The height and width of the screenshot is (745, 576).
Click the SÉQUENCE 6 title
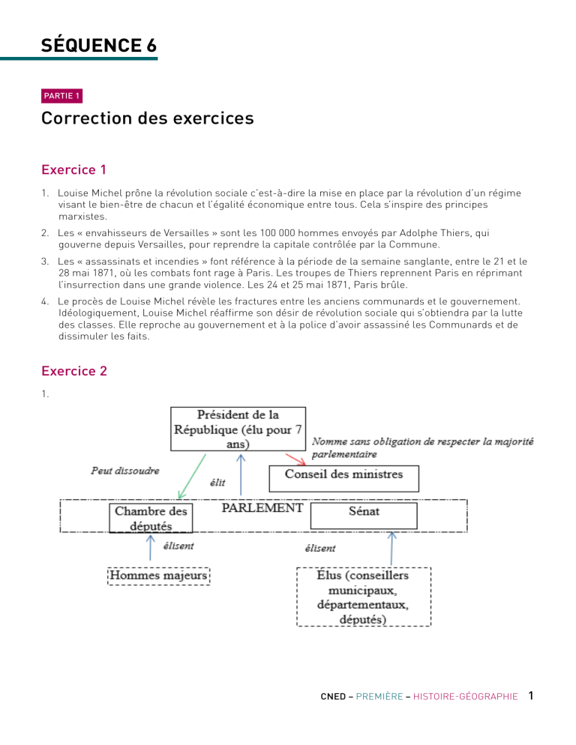[x=99, y=45]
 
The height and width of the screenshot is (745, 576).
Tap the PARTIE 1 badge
[x=62, y=95]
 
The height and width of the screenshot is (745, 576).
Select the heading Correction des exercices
[x=148, y=118]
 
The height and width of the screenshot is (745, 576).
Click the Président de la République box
[x=238, y=429]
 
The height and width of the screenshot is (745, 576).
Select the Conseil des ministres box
[x=343, y=474]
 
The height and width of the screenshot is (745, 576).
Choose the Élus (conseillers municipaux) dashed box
[x=364, y=597]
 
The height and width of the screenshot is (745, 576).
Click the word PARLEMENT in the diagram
[x=262, y=508]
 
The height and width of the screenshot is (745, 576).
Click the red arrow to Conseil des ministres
[x=295, y=457]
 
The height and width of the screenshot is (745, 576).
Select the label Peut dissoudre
[x=124, y=471]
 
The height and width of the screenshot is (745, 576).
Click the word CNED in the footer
[x=331, y=696]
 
